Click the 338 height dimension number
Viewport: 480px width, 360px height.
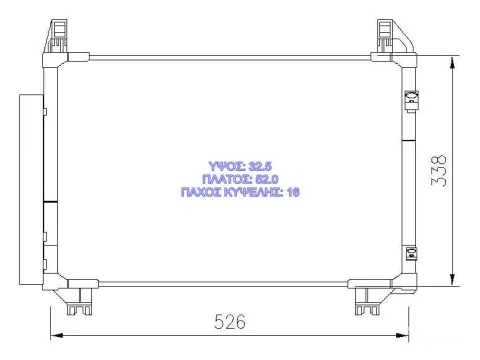pos(439,171)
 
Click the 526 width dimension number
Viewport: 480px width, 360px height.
pos(230,322)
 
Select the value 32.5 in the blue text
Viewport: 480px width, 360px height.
pos(260,166)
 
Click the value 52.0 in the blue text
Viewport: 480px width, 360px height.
pos(267,179)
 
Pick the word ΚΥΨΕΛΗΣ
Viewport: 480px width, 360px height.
pos(253,192)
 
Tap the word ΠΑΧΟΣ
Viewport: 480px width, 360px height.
pos(200,192)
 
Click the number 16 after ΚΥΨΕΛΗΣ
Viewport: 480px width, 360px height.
pos(293,192)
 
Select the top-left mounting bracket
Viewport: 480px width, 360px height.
pos(56,36)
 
